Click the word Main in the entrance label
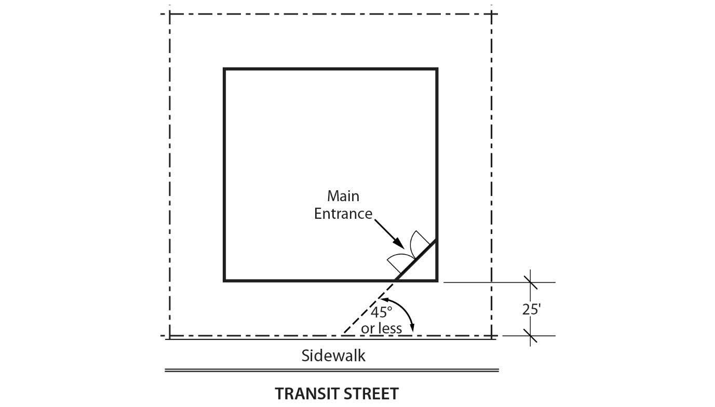pos(343,196)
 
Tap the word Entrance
pos(343,214)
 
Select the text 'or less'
pos(381,328)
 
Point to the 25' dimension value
pos(531,309)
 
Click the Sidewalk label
pos(333,356)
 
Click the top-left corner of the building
pos(224,69)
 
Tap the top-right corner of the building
pos(437,69)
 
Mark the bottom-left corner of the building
pos(224,281)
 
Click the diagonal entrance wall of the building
pos(415,261)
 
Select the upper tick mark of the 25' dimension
pos(530,282)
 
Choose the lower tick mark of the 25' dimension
pos(530,336)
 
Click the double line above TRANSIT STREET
pos(332,371)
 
